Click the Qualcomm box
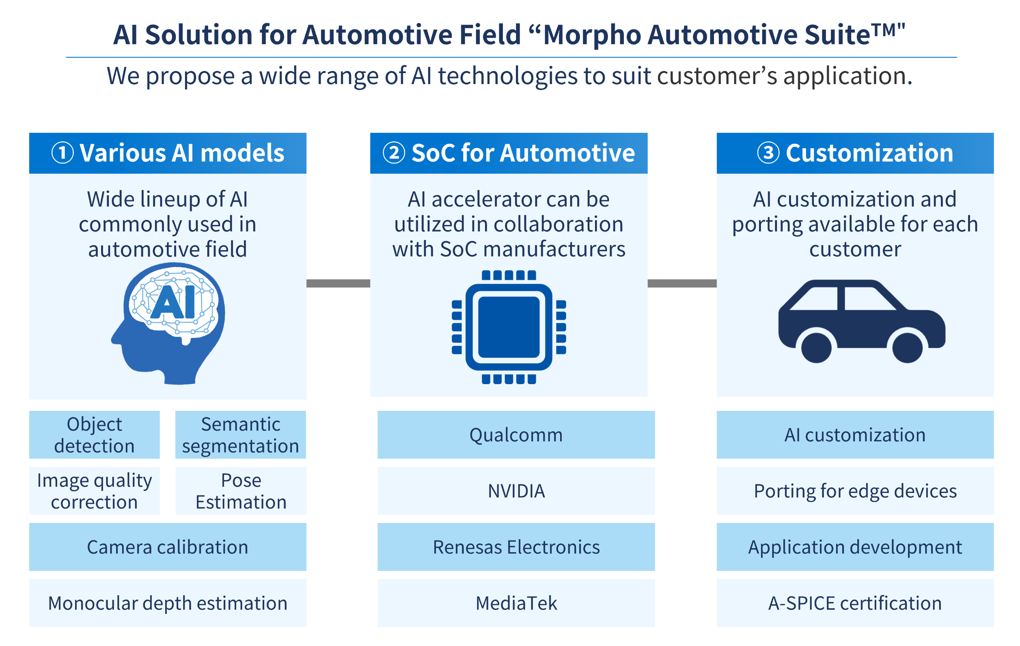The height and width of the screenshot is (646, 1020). pyautogui.click(x=516, y=434)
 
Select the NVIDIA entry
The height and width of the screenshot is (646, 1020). pyautogui.click(x=516, y=490)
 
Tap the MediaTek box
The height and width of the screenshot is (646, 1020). pyautogui.click(x=516, y=603)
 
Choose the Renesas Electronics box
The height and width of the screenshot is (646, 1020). pyautogui.click(x=516, y=547)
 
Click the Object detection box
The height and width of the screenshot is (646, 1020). pyautogui.click(x=95, y=434)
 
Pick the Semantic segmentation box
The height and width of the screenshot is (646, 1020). pyautogui.click(x=241, y=434)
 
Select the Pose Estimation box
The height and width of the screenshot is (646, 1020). pyautogui.click(x=241, y=490)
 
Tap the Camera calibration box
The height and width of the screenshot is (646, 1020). pyautogui.click(x=168, y=547)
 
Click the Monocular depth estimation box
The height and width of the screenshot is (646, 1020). pyautogui.click(x=168, y=603)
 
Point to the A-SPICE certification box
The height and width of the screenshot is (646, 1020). pyautogui.click(x=855, y=603)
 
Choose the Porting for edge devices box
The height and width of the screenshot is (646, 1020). pyautogui.click(x=855, y=490)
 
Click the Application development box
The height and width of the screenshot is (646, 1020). pyautogui.click(x=855, y=547)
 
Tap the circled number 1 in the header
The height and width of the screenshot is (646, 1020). pyautogui.click(x=62, y=153)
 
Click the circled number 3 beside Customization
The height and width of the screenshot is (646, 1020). pyautogui.click(x=768, y=153)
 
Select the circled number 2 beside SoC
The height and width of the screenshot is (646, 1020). pyautogui.click(x=394, y=153)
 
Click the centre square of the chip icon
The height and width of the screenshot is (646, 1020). pyautogui.click(x=509, y=327)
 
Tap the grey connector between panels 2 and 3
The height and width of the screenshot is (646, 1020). pyautogui.click(x=682, y=283)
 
